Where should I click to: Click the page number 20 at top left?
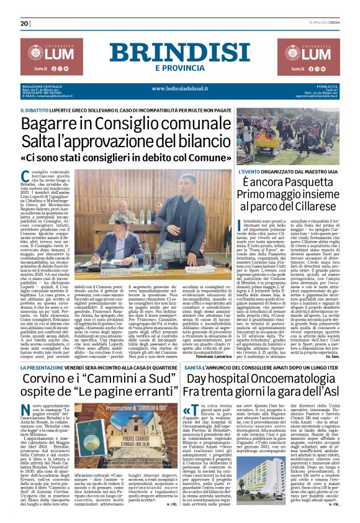coord(25,24)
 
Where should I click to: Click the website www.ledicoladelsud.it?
coord(180,89)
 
